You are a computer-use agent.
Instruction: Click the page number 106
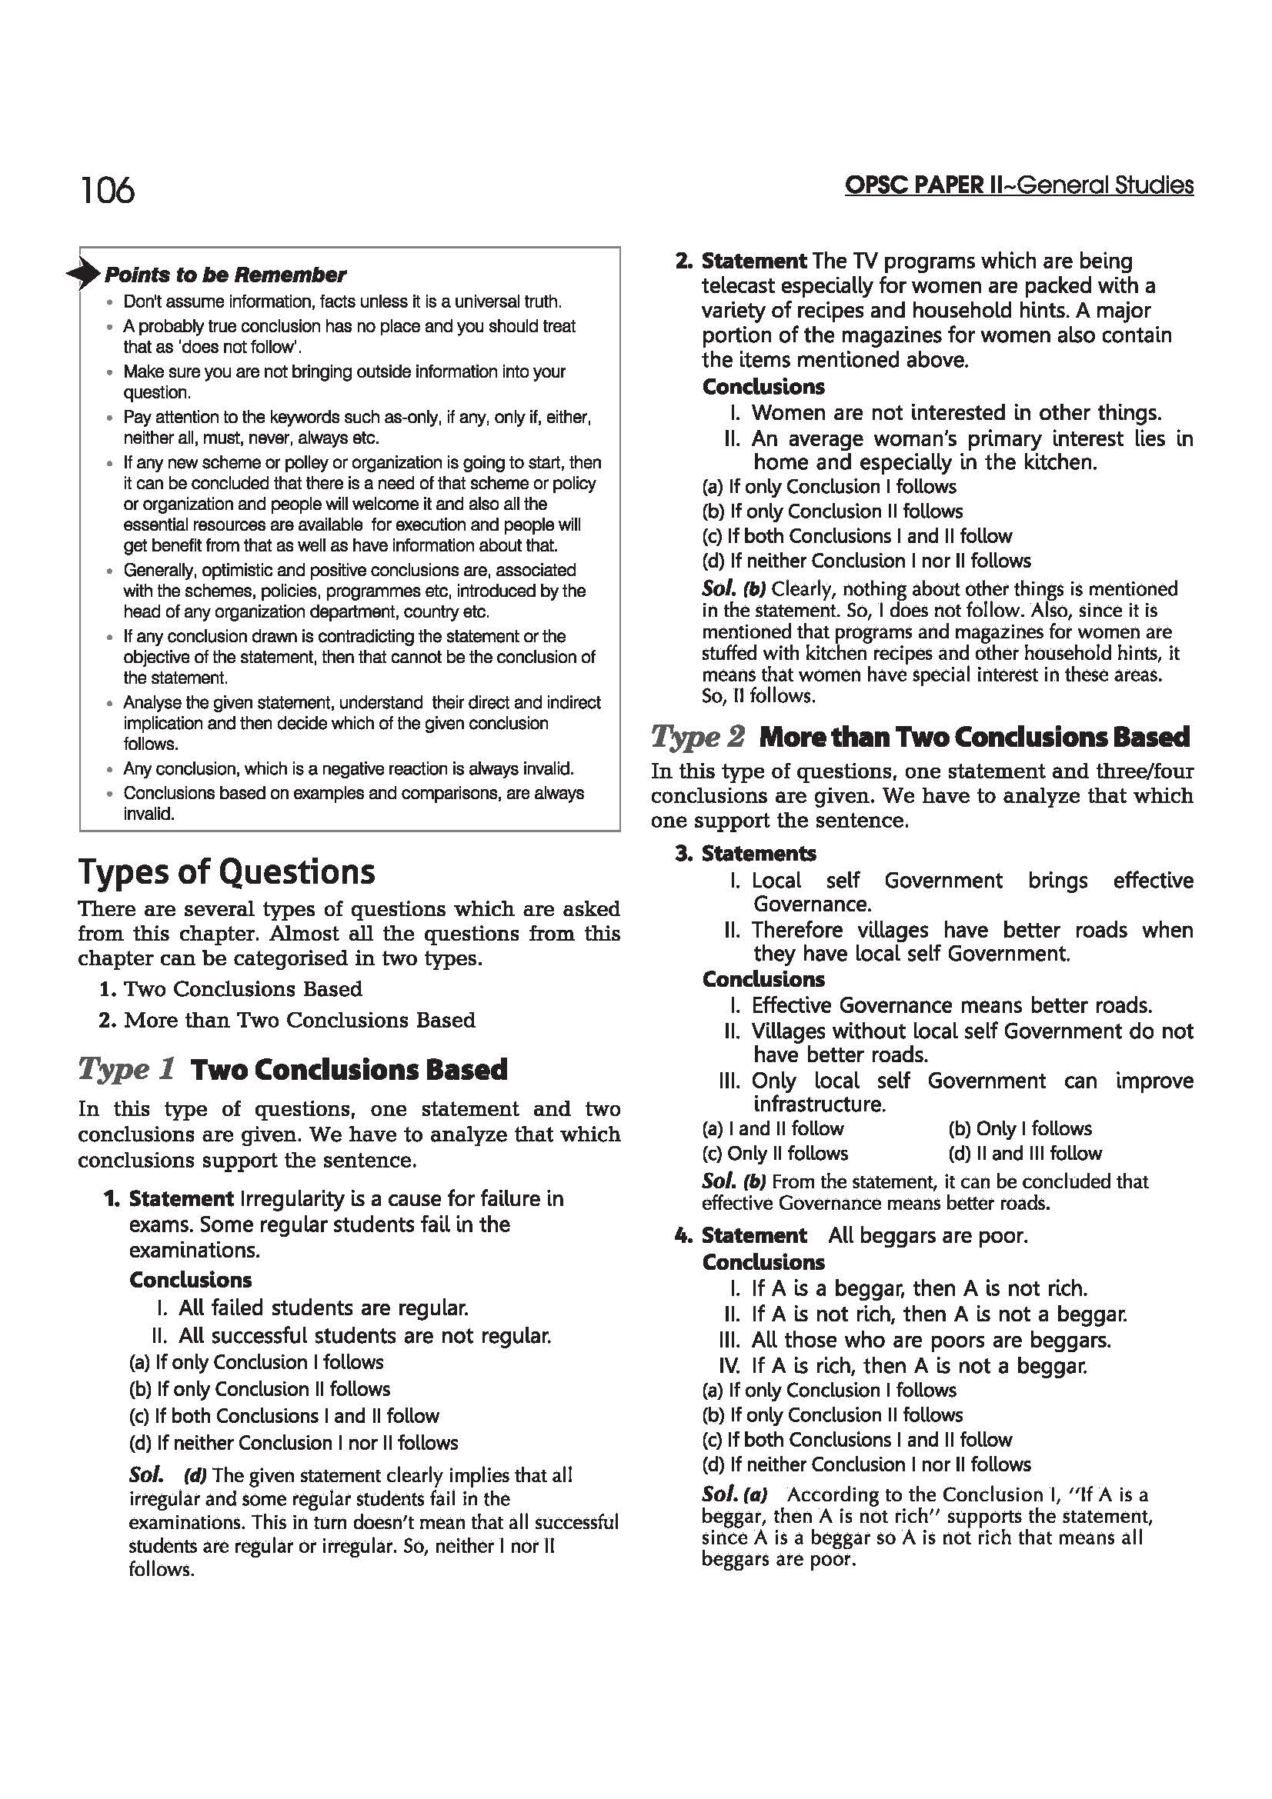coord(108,191)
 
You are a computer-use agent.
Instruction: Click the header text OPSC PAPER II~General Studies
coord(1018,185)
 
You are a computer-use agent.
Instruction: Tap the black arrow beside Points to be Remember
coord(85,274)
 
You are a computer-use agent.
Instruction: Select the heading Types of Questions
coord(226,872)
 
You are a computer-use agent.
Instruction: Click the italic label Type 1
coord(125,1070)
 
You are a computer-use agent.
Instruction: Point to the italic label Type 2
coord(697,737)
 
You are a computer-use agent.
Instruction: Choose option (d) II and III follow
coord(1024,1154)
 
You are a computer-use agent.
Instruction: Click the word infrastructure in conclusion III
coord(819,1104)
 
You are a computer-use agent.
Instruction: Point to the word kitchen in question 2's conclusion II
coord(1053,462)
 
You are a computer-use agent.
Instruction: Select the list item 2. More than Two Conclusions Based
coord(289,1020)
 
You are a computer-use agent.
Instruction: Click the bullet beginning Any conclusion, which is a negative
coord(348,768)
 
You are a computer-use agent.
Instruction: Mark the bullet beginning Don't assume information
coord(342,301)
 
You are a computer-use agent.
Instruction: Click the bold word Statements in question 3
coord(759,853)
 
